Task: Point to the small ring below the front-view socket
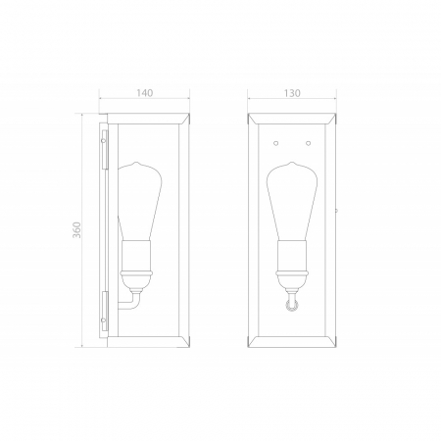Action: pyautogui.click(x=290, y=308)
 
